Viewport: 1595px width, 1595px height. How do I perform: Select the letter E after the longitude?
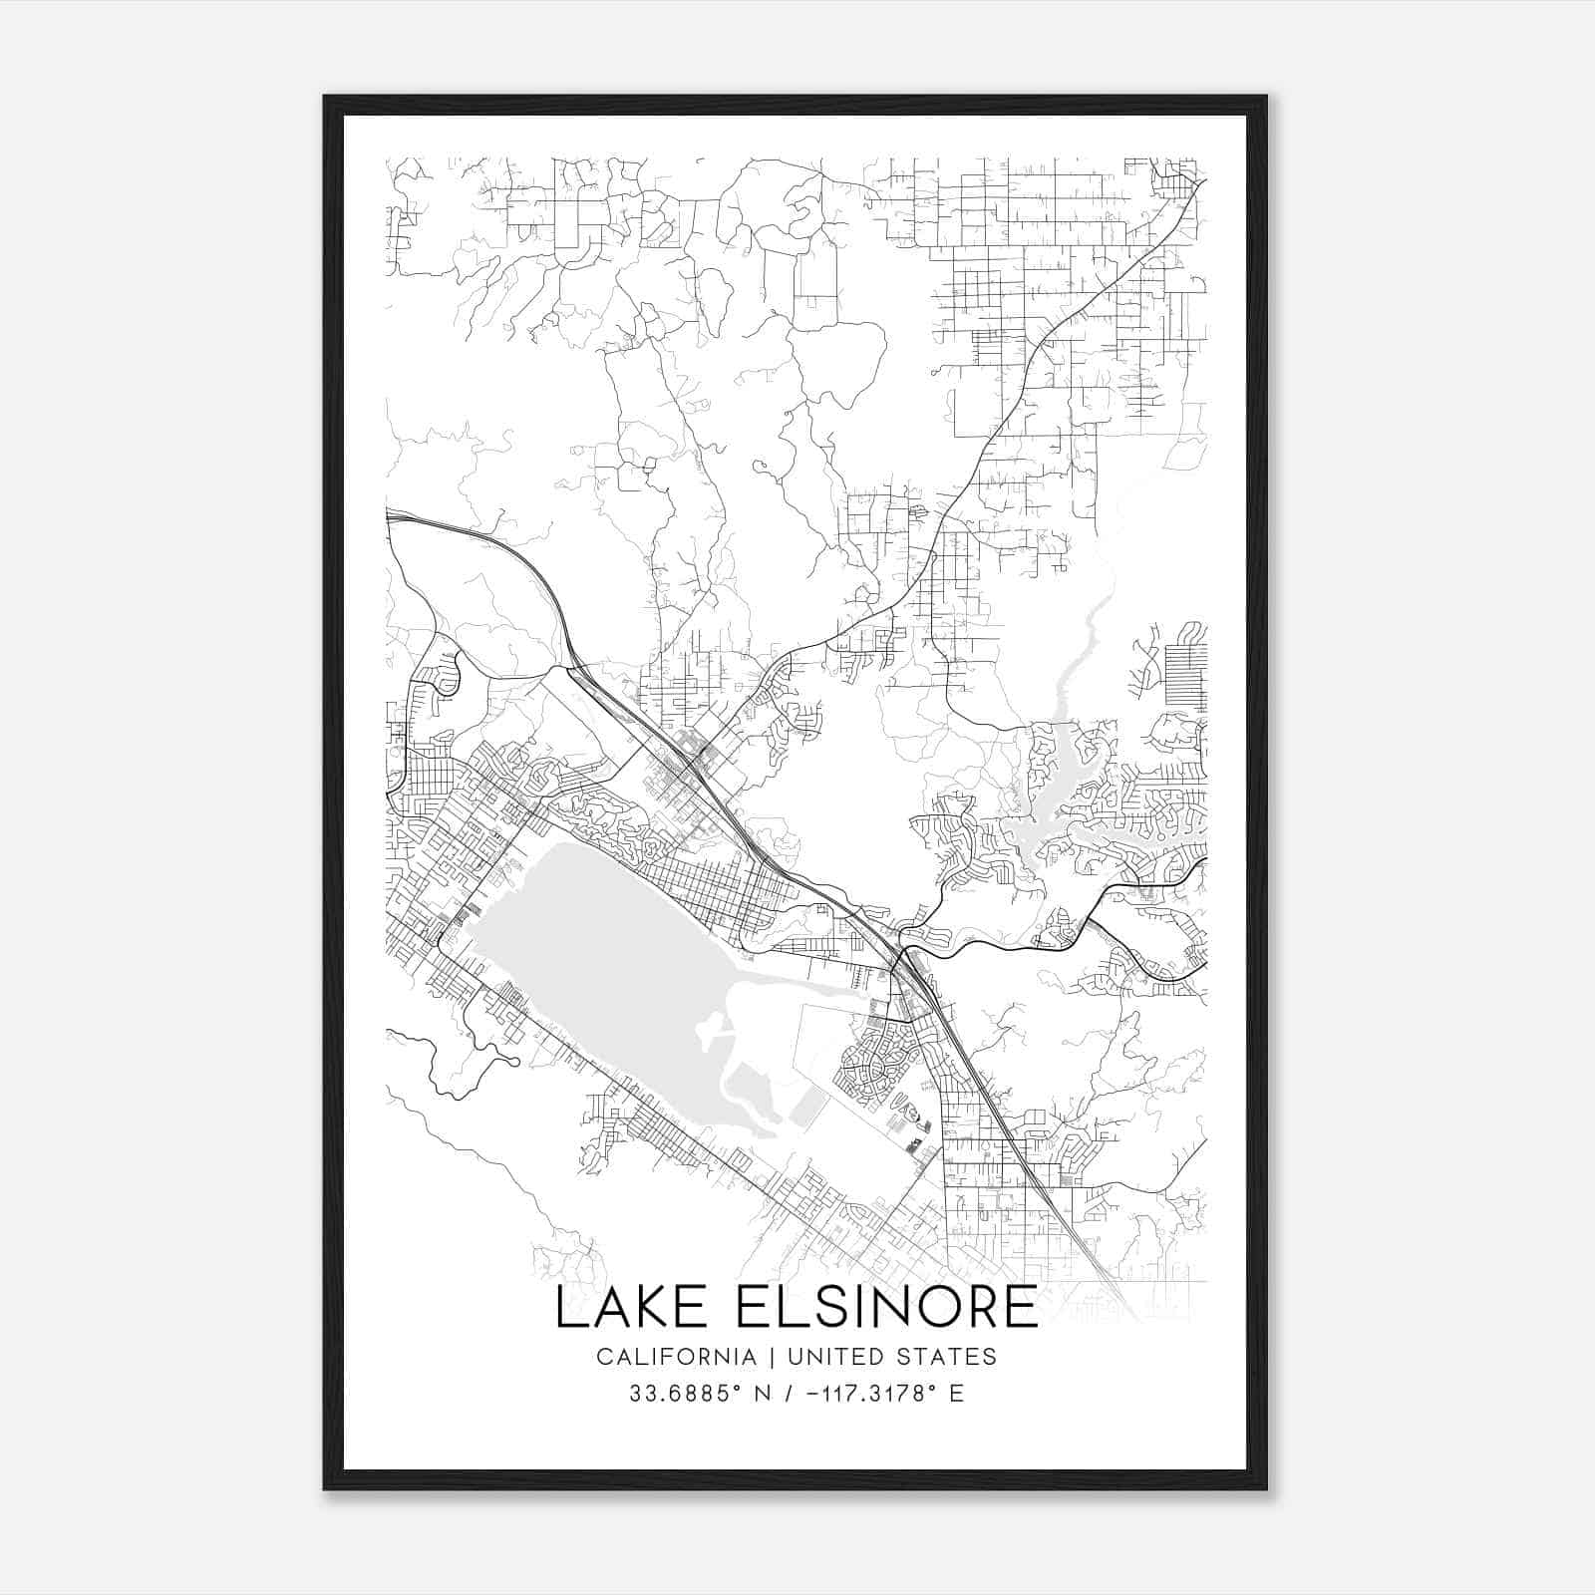[x=956, y=1394]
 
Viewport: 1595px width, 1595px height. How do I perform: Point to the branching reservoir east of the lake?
[x=1057, y=797]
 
